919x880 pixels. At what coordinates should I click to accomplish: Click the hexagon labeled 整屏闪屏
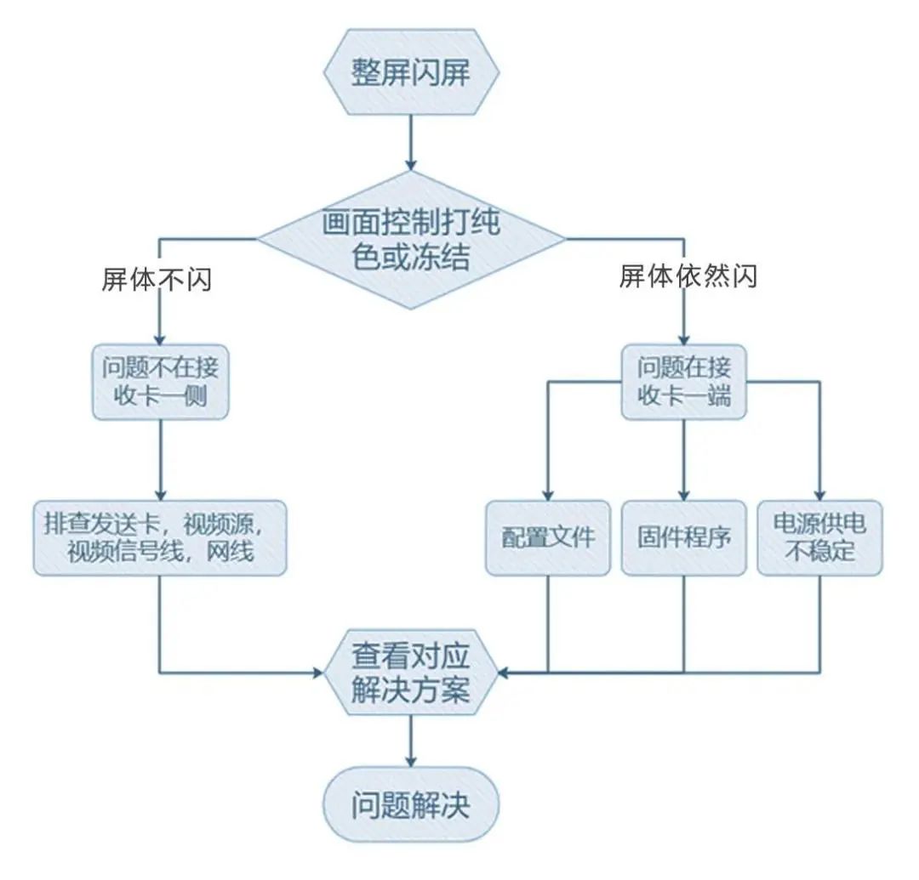[411, 73]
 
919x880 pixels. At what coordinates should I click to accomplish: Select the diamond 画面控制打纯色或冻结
[411, 240]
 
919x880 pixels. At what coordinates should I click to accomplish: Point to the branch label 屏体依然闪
[688, 275]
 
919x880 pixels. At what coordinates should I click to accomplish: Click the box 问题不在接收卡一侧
[161, 382]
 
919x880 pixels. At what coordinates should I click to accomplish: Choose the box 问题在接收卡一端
[684, 382]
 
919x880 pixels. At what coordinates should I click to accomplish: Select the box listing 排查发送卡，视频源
[161, 538]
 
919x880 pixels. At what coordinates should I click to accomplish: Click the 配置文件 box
[547, 538]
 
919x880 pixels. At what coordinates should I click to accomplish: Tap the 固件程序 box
[684, 538]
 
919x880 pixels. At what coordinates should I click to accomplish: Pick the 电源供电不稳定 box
[819, 538]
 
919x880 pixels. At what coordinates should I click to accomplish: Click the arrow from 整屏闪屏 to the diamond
[411, 140]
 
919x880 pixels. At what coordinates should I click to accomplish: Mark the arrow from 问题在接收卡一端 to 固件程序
[684, 459]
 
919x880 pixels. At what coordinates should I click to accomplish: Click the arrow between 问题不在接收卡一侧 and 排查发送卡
[160, 459]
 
